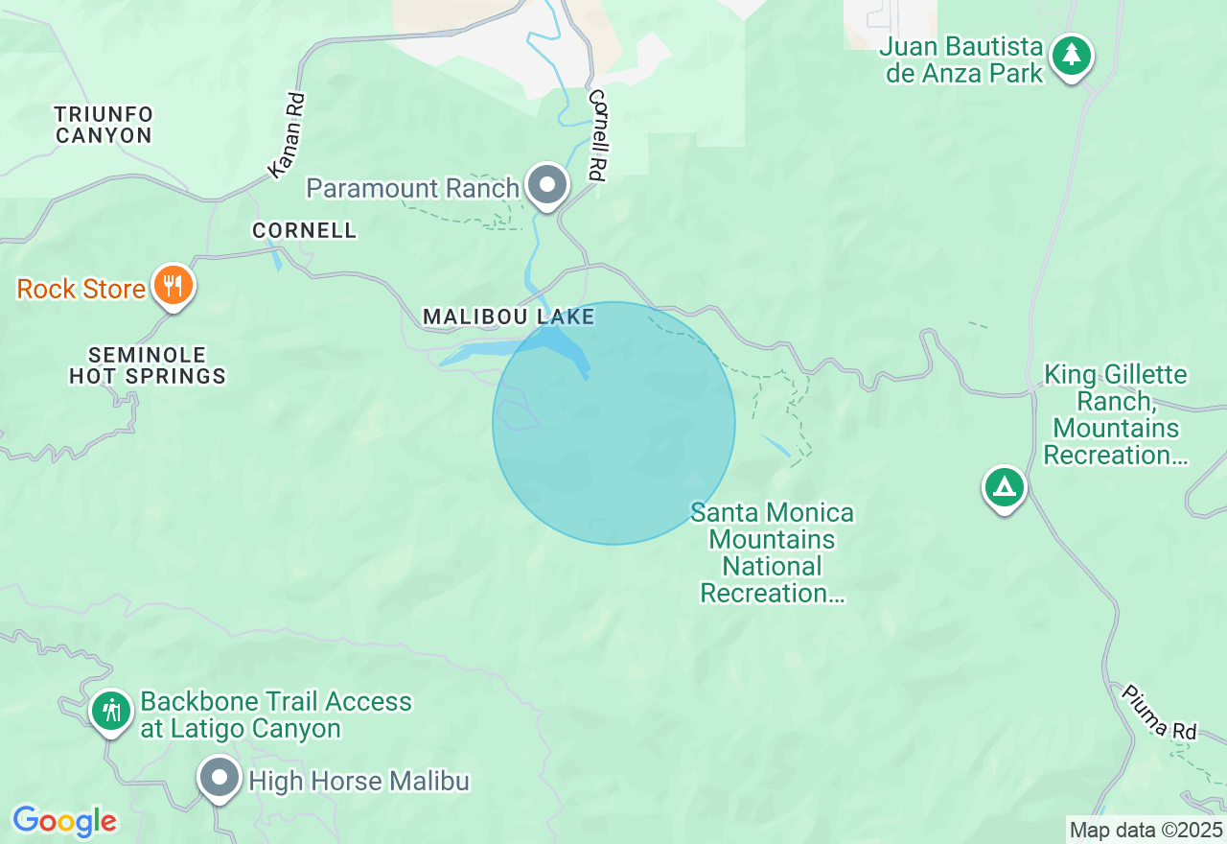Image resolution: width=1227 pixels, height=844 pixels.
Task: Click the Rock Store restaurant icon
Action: [173, 286]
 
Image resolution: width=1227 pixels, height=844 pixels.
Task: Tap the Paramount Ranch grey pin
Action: [547, 184]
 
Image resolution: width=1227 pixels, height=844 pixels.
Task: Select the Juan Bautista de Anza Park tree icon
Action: [1071, 56]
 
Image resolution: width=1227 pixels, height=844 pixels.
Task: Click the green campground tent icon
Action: [1004, 487]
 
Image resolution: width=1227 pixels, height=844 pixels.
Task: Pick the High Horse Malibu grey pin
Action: [220, 778]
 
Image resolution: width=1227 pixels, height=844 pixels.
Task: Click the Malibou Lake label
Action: [509, 316]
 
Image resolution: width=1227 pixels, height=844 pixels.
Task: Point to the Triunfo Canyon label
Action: [104, 125]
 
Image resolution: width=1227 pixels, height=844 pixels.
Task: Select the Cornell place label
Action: [304, 230]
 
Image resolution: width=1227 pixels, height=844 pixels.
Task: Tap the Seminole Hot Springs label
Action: [148, 365]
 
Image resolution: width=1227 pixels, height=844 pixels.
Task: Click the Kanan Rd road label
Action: [286, 134]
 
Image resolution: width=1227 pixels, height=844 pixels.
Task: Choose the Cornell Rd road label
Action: [598, 135]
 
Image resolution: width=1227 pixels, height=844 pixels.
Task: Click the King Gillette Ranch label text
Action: [1115, 414]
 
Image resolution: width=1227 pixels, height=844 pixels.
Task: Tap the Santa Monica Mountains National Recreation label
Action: [773, 552]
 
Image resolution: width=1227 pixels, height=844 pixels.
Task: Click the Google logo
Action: [64, 821]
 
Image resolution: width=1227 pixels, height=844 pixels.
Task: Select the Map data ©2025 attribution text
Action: [1146, 830]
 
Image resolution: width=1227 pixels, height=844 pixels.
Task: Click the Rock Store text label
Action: [81, 289]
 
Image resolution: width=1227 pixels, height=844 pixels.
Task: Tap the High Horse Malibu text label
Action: [359, 782]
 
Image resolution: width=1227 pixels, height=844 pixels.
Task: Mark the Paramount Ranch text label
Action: [413, 188]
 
